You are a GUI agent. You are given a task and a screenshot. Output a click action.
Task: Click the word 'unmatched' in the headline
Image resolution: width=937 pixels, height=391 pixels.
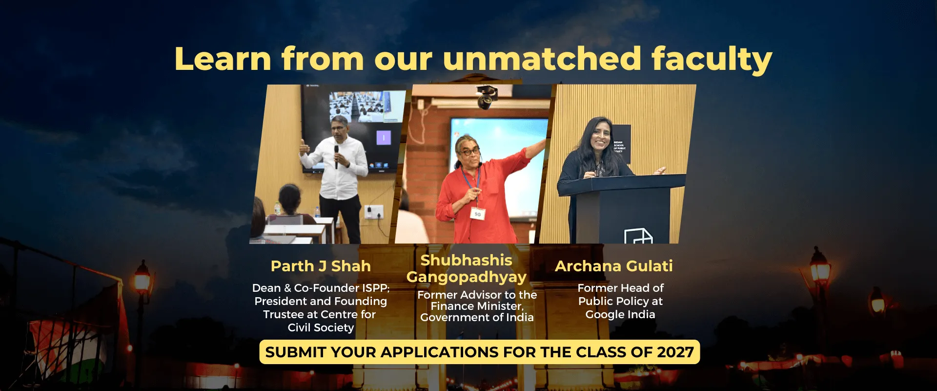(542, 59)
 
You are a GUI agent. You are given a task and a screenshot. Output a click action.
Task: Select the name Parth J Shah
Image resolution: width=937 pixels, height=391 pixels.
(321, 266)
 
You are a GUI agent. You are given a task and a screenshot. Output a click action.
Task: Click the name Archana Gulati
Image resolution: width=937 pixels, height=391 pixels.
(614, 266)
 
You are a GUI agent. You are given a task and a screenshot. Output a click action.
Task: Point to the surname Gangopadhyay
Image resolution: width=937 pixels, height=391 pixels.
(467, 277)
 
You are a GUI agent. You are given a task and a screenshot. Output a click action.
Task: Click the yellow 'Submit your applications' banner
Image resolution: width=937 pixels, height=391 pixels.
(479, 352)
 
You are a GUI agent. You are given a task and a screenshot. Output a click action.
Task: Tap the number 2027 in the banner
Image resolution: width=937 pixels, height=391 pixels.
(675, 352)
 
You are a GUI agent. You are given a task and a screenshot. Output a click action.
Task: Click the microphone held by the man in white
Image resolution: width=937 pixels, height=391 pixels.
(336, 156)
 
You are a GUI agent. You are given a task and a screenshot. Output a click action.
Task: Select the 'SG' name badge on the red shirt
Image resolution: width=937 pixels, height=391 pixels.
(477, 214)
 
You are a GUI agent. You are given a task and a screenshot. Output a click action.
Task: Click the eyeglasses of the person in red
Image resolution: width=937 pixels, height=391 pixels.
(469, 152)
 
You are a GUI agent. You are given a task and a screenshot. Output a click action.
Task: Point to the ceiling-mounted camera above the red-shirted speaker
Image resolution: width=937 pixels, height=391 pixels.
(486, 96)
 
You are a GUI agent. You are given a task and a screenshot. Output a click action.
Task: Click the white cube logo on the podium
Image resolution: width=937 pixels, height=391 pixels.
(638, 236)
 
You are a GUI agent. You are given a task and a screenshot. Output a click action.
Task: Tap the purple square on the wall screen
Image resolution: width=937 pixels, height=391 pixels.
(384, 138)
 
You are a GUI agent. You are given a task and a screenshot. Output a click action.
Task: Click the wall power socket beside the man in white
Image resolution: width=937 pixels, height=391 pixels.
(374, 212)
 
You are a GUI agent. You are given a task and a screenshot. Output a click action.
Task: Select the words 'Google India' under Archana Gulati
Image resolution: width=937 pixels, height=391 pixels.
(620, 315)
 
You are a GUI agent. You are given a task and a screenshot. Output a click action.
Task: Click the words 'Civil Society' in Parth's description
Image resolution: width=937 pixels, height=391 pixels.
(321, 328)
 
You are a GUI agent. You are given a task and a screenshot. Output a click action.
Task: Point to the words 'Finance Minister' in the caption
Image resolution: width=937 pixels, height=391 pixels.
(477, 306)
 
